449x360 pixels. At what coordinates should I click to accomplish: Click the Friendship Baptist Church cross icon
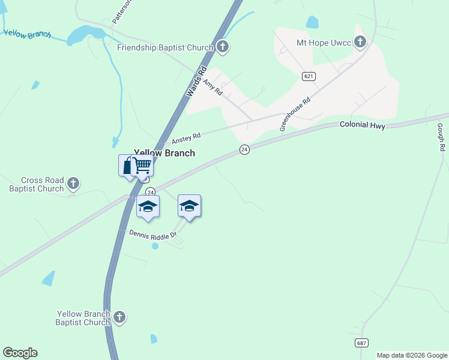(223, 47)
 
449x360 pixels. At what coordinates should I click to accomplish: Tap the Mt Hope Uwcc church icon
(360, 42)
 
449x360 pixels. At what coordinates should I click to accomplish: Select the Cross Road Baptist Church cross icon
(73, 184)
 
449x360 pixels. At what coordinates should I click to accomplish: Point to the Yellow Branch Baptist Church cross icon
(119, 317)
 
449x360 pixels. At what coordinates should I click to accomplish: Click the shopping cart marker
(142, 165)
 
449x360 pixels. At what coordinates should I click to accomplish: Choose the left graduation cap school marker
(148, 207)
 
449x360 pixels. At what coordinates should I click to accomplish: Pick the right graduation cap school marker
(189, 206)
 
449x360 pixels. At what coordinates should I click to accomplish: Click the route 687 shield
(361, 343)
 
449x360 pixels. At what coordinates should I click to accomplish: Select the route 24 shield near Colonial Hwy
(244, 149)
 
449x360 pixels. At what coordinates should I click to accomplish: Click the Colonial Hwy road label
(362, 125)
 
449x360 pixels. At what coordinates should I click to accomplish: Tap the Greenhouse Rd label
(295, 114)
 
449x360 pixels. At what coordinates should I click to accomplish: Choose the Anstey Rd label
(185, 138)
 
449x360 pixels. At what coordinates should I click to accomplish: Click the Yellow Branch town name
(164, 153)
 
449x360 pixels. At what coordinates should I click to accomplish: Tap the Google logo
(20, 353)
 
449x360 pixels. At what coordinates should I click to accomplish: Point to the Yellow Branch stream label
(28, 34)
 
